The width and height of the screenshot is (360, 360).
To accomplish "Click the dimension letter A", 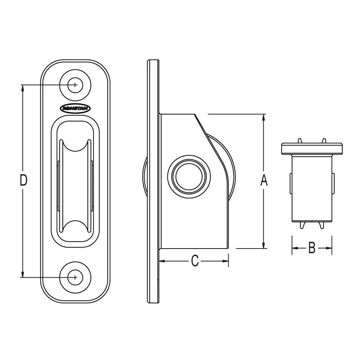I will (264, 180).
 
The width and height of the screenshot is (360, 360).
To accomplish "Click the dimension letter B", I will (311, 248).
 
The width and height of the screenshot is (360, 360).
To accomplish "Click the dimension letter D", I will (23, 180).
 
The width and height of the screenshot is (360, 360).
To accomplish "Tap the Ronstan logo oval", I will (75, 108).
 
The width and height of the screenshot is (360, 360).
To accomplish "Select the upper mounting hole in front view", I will (75, 85).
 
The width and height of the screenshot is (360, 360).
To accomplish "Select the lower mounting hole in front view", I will (75, 277).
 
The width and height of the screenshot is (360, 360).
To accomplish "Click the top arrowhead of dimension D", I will (23, 88).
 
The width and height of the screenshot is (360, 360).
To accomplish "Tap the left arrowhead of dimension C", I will (163, 261).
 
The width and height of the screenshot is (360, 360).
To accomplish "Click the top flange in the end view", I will (311, 149).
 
